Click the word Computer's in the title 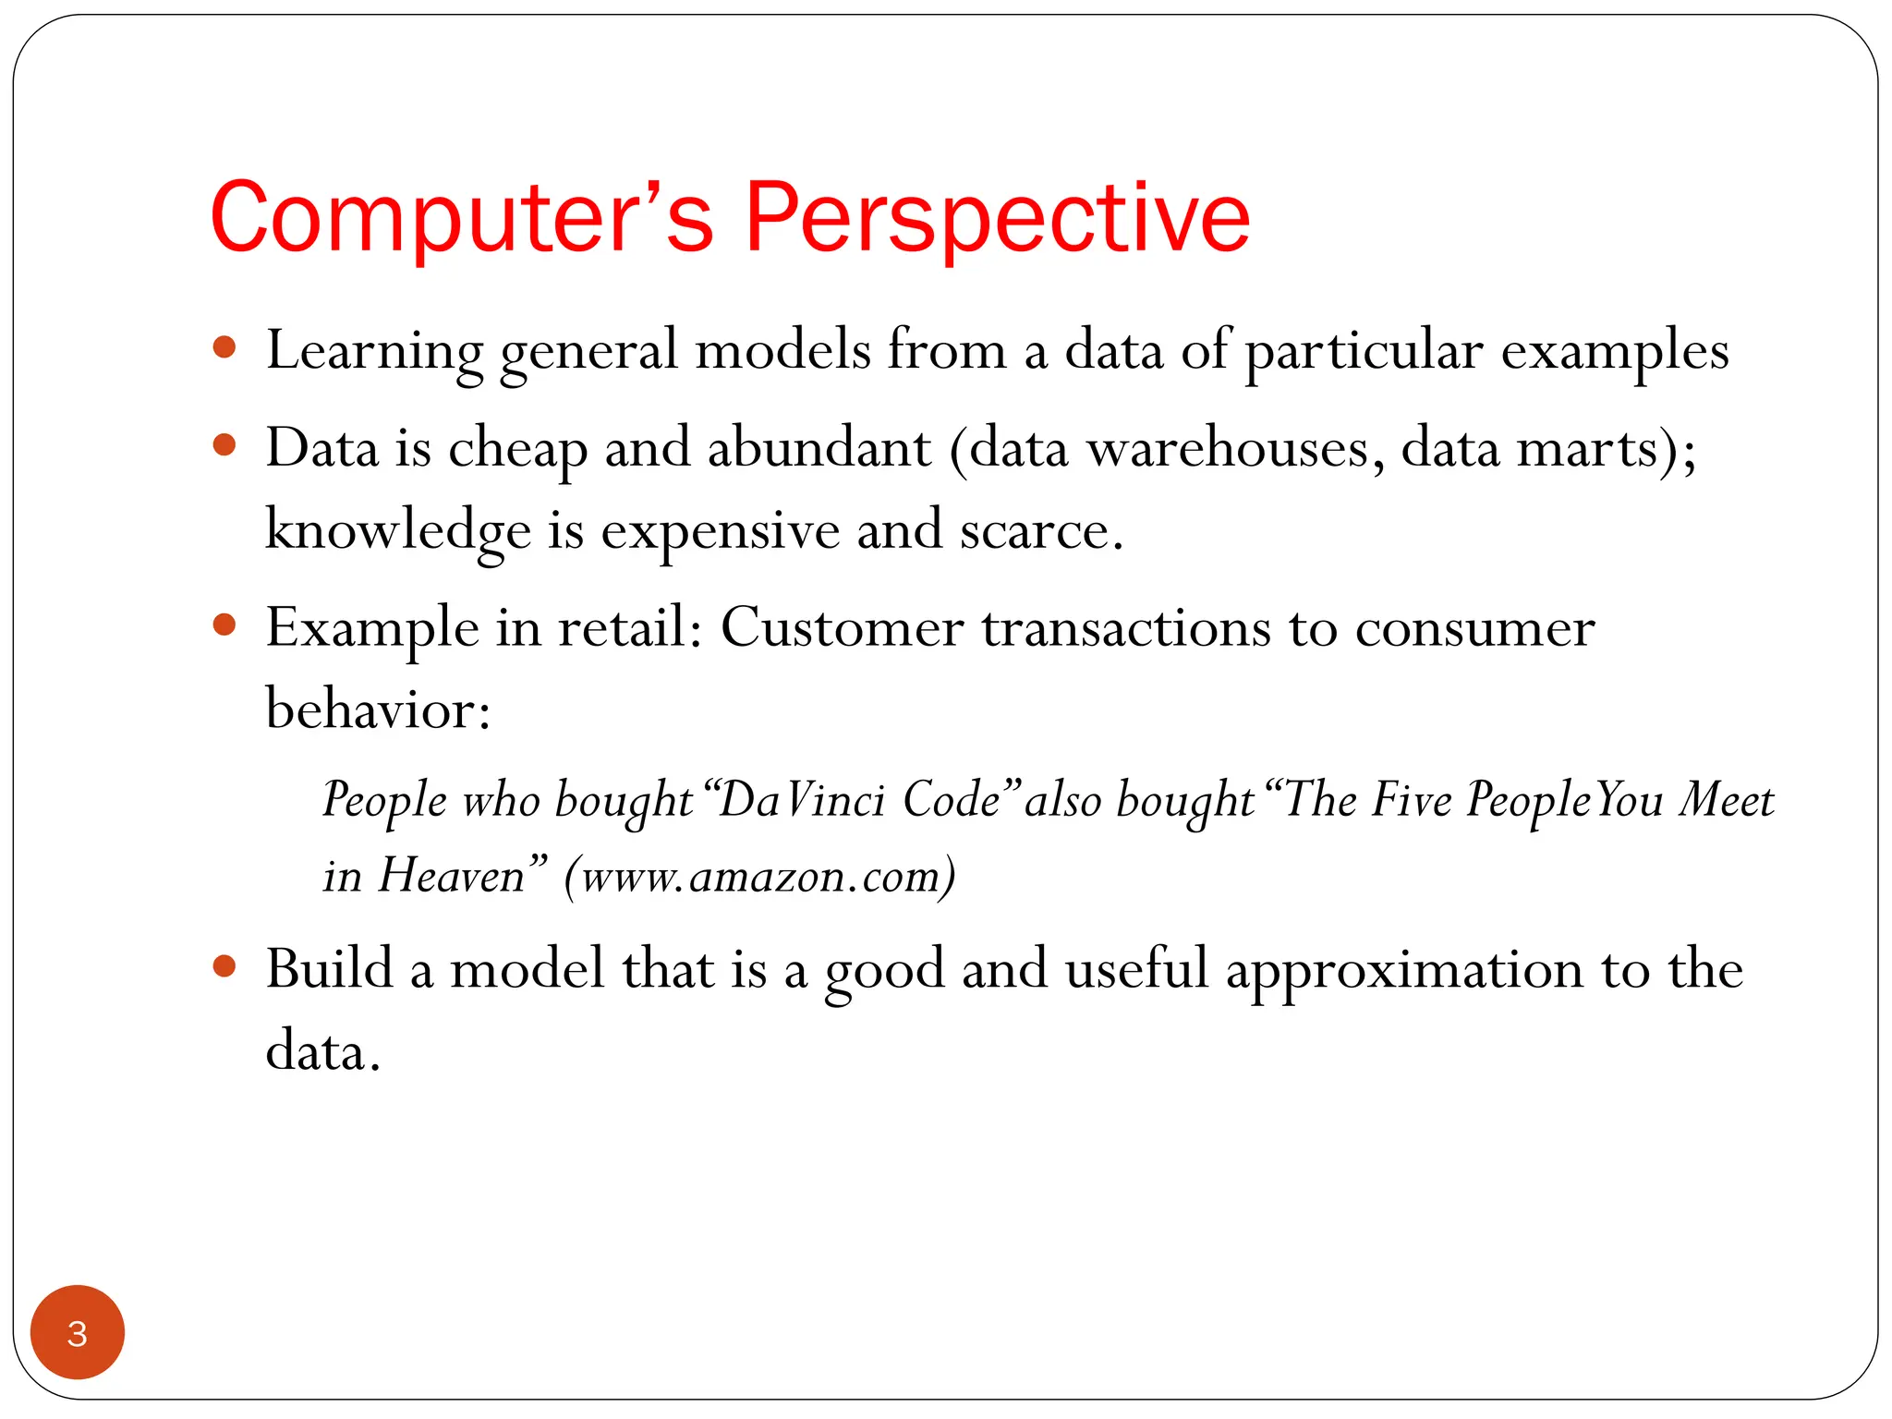click(462, 218)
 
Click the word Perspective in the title click(998, 218)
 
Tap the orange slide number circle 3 click(78, 1333)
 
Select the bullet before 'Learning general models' click(224, 348)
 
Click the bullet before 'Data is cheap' click(224, 446)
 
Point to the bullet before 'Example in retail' click(224, 625)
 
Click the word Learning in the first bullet click(374, 351)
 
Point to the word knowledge click(397, 530)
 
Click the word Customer click(842, 628)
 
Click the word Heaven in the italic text click(452, 875)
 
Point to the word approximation click(1404, 970)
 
